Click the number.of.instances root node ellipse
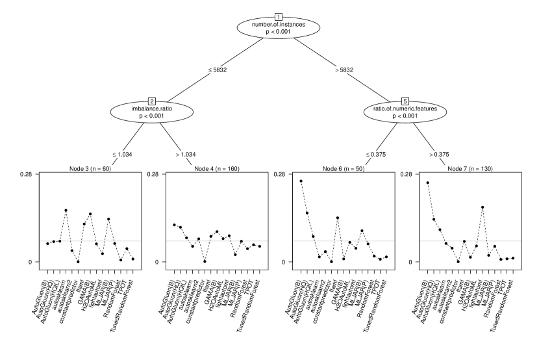click(x=279, y=28)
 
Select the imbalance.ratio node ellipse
click(x=152, y=112)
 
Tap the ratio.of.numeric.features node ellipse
click(x=405, y=112)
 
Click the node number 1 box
click(x=279, y=17)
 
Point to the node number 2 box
click(x=152, y=101)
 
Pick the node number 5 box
click(x=405, y=101)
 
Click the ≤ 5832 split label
click(x=216, y=70)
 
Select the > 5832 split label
click(x=342, y=70)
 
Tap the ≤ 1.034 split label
click(x=120, y=155)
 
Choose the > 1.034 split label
click(x=184, y=155)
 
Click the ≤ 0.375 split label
click(x=373, y=155)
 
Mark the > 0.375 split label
click(x=437, y=155)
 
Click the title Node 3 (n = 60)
click(x=90, y=169)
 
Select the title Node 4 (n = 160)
click(x=216, y=169)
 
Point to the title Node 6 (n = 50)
click(x=343, y=169)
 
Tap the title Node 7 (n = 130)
click(x=470, y=169)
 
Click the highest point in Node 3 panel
click(x=66, y=211)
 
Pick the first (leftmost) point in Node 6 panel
click(x=301, y=181)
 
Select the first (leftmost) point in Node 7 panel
click(x=427, y=183)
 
